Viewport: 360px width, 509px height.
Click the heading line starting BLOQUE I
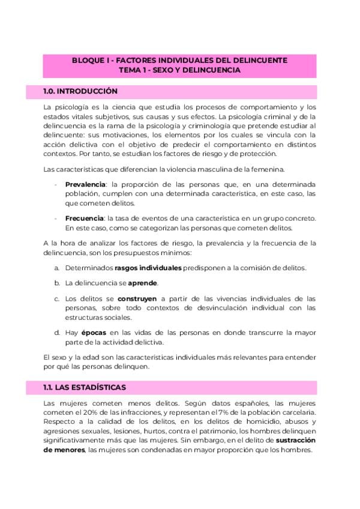179,61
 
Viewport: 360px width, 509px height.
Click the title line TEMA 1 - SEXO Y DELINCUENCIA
179,70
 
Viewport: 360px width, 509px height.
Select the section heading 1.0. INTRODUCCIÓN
80,92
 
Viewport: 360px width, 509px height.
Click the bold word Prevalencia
85,184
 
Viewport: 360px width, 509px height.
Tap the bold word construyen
137,298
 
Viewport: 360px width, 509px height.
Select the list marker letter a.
56,267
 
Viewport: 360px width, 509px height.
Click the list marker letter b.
56,282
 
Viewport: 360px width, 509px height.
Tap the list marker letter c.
56,298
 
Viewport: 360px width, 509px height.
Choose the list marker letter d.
56,332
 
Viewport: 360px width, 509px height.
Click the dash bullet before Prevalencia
56,184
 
